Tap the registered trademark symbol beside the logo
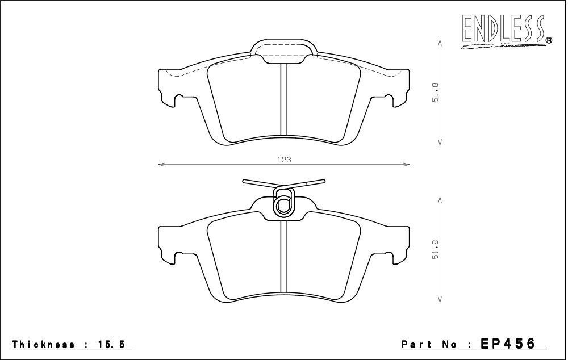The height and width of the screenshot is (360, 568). [549, 40]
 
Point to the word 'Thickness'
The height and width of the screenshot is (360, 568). [44, 344]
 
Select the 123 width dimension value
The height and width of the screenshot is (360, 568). [285, 160]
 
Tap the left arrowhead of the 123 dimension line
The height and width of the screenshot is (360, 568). [161, 165]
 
